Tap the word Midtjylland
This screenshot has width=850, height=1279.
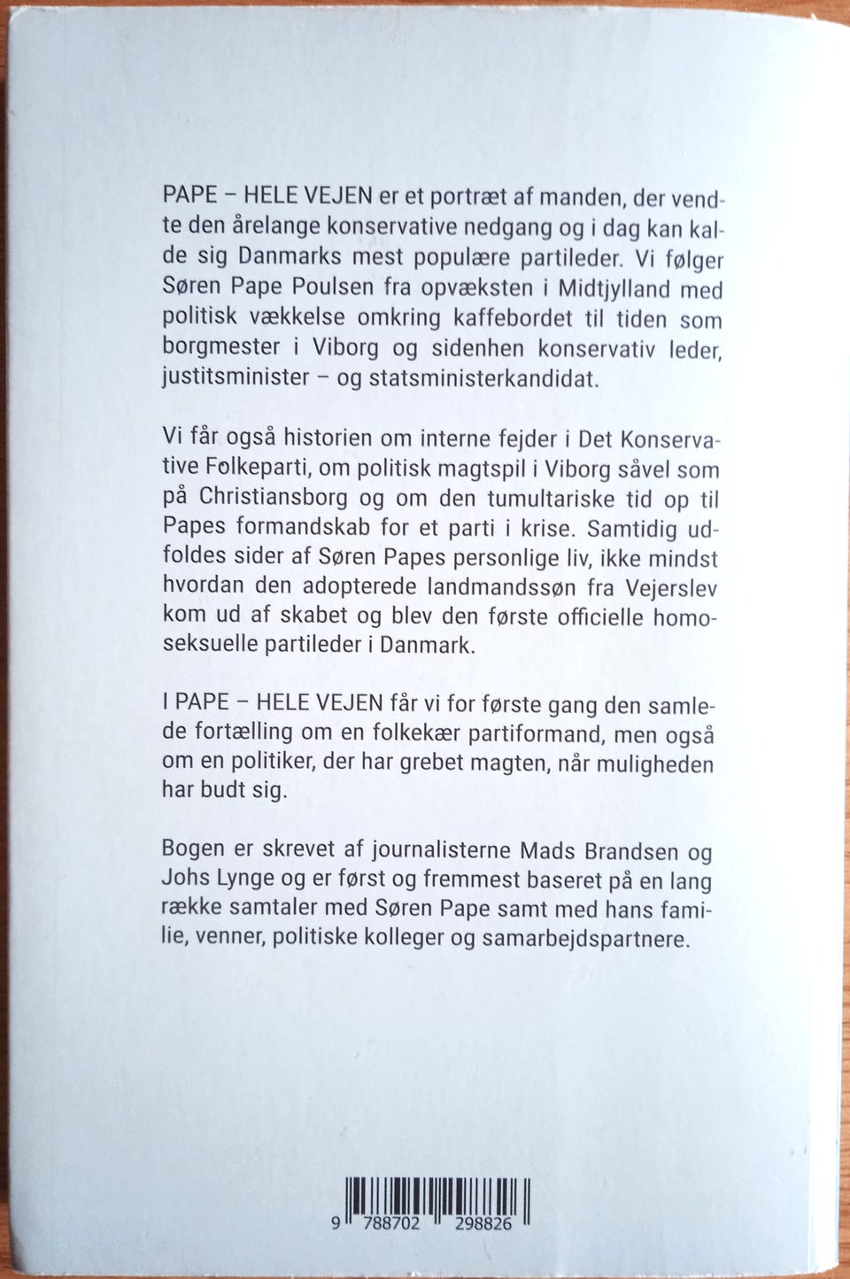[641, 290]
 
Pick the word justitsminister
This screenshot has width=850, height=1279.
[236, 377]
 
